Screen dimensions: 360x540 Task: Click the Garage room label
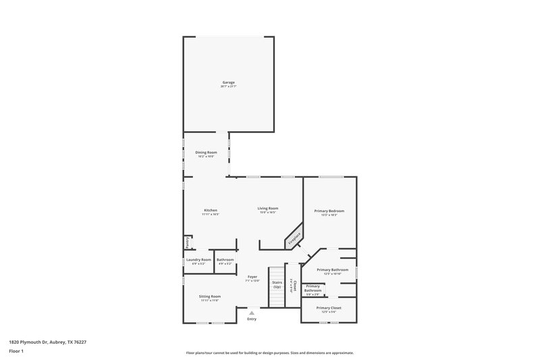[228, 82]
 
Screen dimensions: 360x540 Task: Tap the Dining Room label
[206, 153]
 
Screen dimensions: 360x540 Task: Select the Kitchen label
[211, 210]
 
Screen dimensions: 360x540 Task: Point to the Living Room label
[268, 208]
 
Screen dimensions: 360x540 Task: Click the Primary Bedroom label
[329, 211]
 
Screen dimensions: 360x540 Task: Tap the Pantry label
[186, 241]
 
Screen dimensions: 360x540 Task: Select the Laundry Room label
[198, 259]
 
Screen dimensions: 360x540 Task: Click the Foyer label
[252, 276]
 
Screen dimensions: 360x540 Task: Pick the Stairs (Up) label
[277, 284]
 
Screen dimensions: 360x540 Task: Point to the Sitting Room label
[209, 297]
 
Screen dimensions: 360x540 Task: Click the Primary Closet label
[331, 308]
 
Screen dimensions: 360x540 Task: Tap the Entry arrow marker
[252, 312]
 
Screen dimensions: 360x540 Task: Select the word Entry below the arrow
[252, 319]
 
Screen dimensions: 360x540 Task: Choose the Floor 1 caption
[16, 352]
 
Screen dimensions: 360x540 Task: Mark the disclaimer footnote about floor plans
[270, 353]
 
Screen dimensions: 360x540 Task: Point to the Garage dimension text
[228, 86]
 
